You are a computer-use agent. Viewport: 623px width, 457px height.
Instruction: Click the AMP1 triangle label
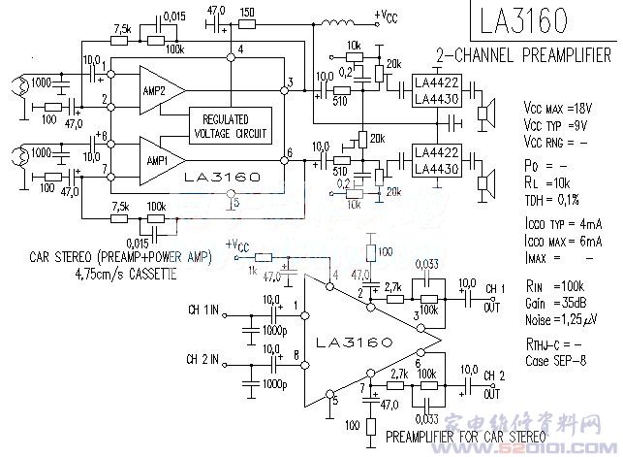156,157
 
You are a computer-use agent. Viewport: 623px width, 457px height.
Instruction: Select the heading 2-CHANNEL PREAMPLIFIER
523,54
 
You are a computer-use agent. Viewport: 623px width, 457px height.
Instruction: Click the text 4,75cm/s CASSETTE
126,275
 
